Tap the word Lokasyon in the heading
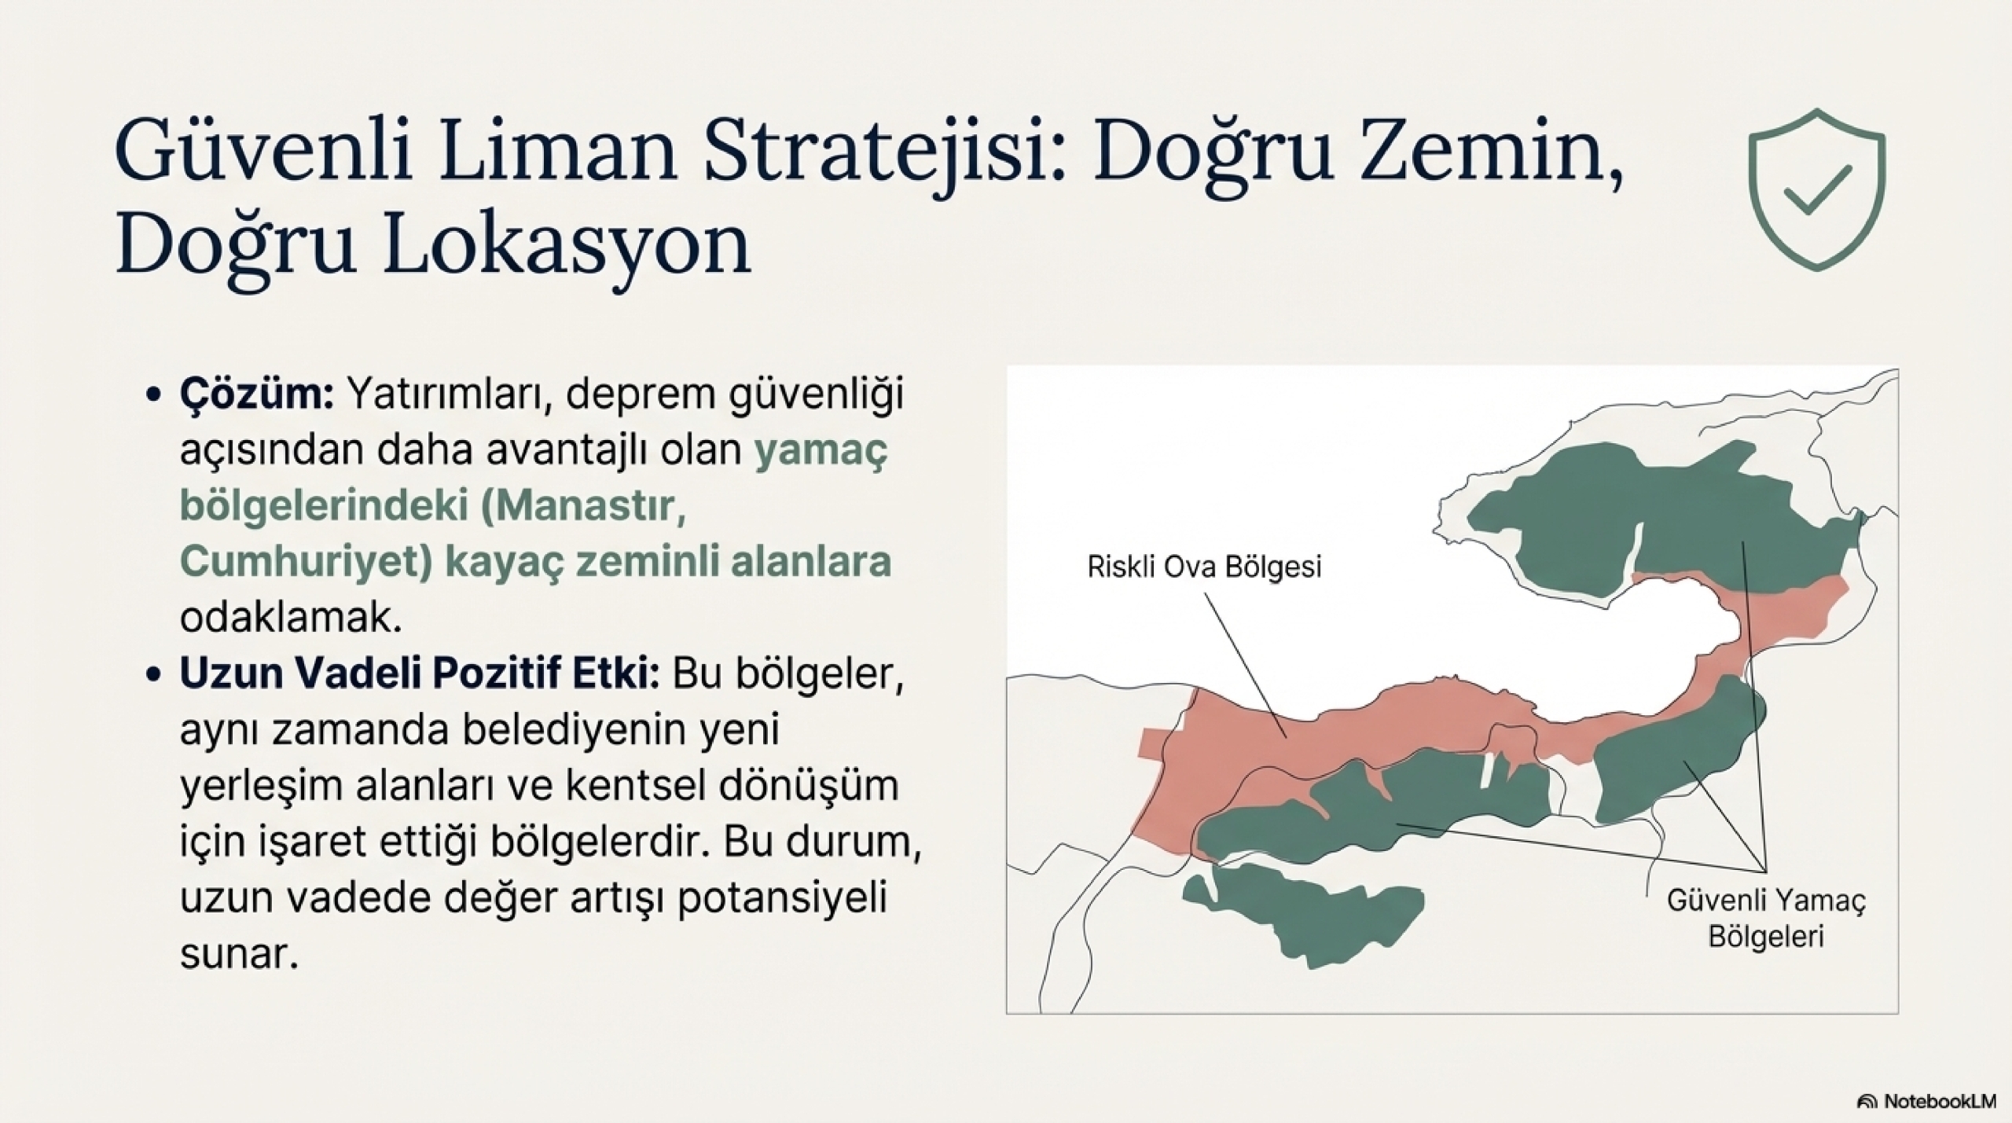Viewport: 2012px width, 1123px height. (x=565, y=245)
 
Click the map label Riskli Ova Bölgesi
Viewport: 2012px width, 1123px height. (x=1204, y=566)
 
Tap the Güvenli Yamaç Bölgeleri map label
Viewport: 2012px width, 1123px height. (x=1766, y=917)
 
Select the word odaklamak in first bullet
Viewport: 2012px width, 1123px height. (x=291, y=618)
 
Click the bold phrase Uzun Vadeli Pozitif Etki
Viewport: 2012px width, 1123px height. (x=420, y=673)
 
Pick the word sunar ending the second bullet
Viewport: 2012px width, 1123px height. (x=239, y=954)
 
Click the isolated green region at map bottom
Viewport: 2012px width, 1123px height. (x=1305, y=916)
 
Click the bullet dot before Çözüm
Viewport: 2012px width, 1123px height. (x=154, y=395)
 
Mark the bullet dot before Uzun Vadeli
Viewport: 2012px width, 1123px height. (x=154, y=675)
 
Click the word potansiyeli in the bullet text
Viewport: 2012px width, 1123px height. (x=782, y=898)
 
